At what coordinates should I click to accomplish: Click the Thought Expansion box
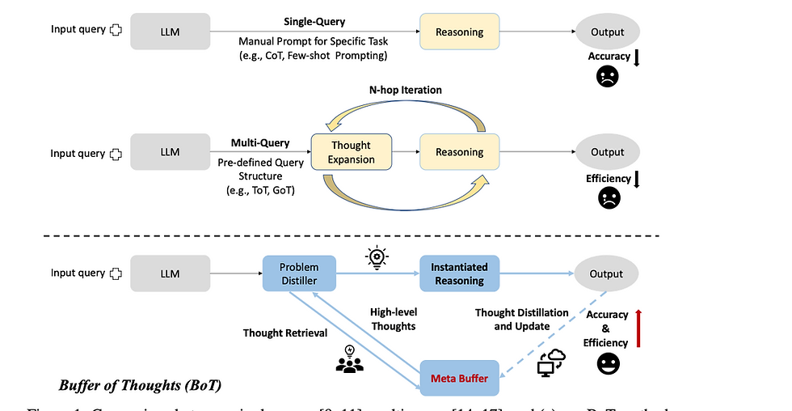(x=351, y=152)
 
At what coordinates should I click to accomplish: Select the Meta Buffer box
(x=460, y=378)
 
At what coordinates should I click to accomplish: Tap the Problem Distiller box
(x=298, y=274)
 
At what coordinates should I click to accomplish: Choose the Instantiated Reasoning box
(x=459, y=273)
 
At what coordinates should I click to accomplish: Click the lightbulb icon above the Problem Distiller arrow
(x=377, y=256)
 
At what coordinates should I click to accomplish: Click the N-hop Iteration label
(x=407, y=90)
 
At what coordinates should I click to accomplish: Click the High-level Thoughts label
(x=393, y=319)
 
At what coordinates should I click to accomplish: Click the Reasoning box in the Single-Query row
(x=459, y=32)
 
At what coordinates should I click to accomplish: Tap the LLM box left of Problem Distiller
(x=170, y=273)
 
